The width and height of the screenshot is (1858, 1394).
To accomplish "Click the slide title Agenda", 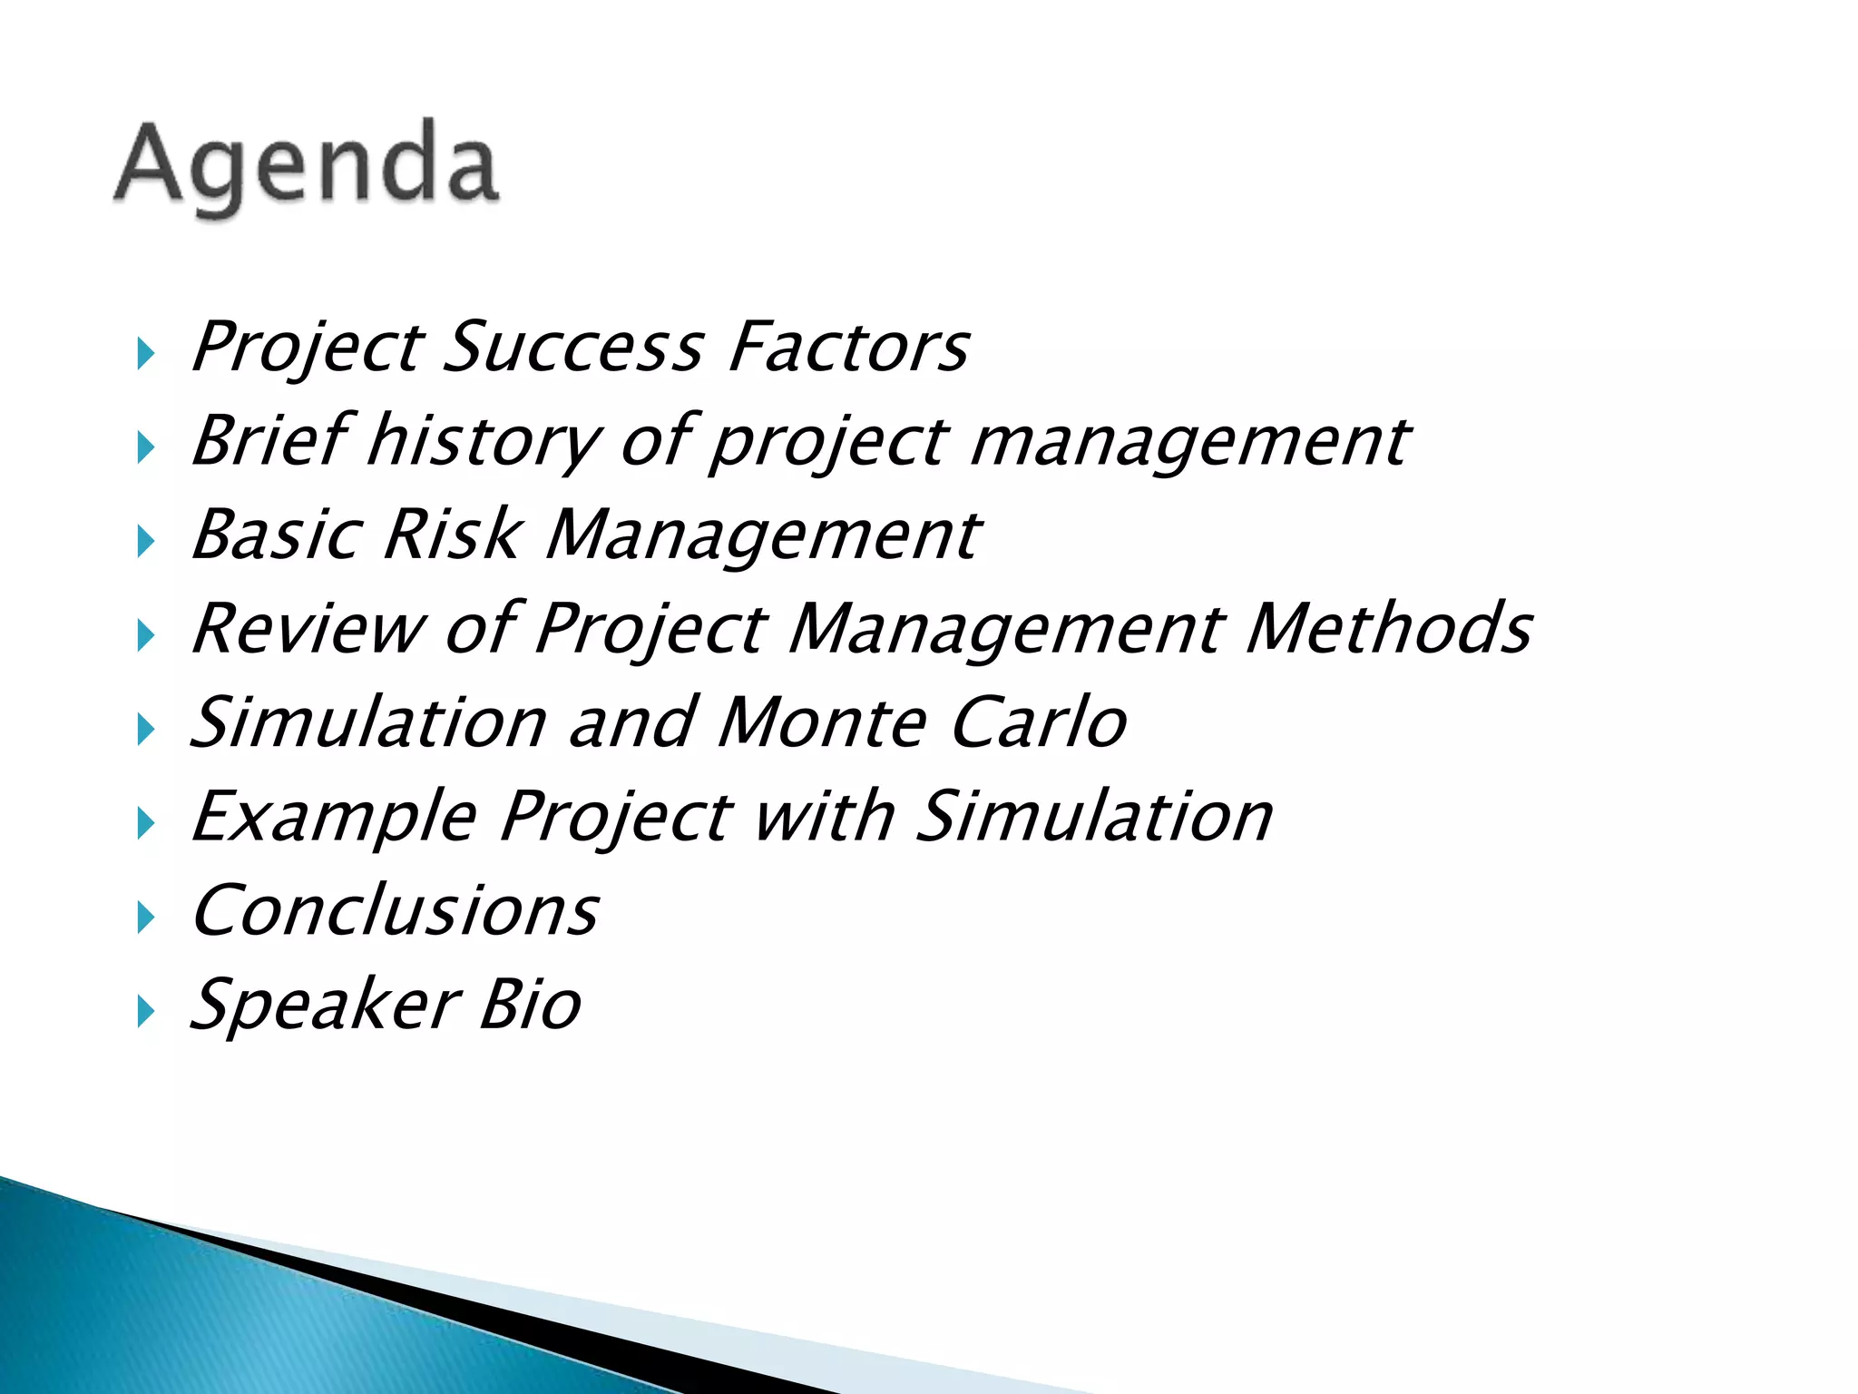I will coord(307,167).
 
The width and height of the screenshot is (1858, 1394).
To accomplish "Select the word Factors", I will coord(849,347).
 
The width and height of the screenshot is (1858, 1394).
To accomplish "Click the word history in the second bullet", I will coord(484,441).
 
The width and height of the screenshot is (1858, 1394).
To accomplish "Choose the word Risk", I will coord(454,535).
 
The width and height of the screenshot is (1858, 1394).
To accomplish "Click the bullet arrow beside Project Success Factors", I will coord(145,353).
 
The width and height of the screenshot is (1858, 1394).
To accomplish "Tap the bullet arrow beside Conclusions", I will coord(145,918).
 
